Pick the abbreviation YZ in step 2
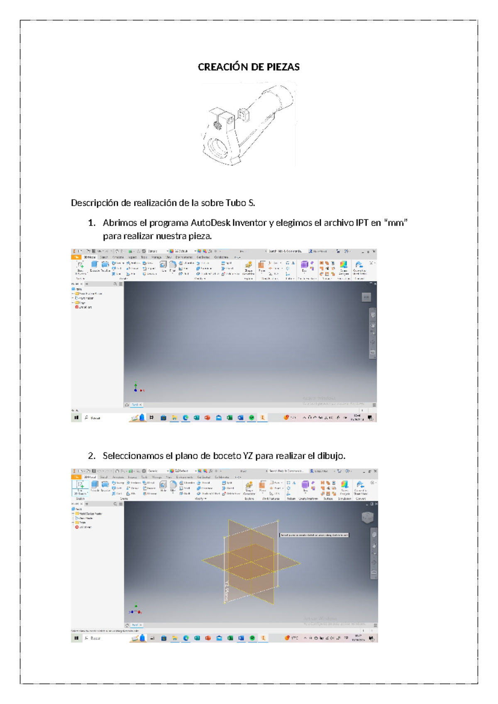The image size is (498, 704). (x=248, y=456)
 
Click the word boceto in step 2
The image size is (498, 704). (x=227, y=456)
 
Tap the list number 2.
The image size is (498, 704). (x=92, y=456)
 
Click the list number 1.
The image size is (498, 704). (x=92, y=223)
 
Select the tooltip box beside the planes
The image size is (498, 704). (x=314, y=535)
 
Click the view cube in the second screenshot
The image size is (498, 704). (x=367, y=517)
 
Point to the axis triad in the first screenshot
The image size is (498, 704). (x=137, y=388)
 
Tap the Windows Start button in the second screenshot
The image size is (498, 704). (x=76, y=638)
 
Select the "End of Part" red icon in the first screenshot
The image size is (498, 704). (x=77, y=307)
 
